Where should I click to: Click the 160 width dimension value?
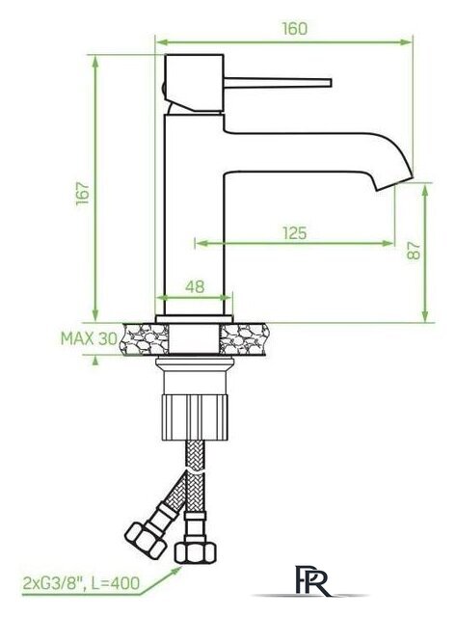[x=296, y=29]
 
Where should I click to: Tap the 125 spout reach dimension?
[x=295, y=232]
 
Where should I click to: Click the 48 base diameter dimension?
[x=195, y=286]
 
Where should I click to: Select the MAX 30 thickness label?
[x=88, y=339]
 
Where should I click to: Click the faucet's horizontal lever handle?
[x=280, y=82]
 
